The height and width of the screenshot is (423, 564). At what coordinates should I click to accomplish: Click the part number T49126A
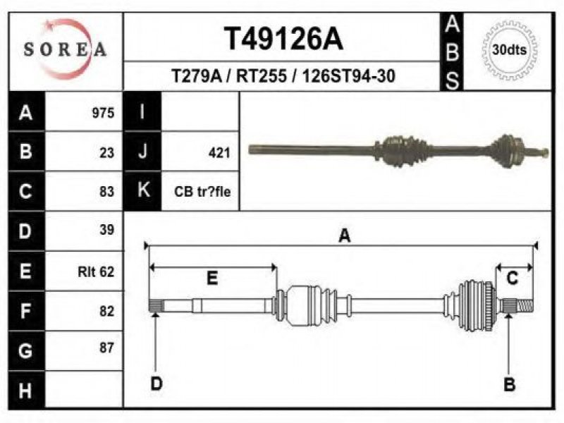coord(283,39)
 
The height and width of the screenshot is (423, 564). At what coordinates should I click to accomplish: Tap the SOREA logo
coord(65,49)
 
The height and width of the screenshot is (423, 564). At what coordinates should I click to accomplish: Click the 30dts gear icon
coord(509,50)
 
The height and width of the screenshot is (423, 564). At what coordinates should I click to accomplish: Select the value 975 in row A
coord(103,113)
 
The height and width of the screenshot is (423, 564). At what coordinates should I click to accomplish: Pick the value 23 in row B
coord(107,153)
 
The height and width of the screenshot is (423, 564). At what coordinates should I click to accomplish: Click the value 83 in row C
coord(107,192)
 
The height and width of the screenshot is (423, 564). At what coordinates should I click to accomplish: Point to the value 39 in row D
coord(107,230)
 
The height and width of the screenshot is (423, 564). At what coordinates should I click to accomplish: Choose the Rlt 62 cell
coord(96,271)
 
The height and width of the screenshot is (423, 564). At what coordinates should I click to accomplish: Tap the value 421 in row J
coord(219,153)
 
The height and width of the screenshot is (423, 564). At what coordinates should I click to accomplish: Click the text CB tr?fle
coord(202,192)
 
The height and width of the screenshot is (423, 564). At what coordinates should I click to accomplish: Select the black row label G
coord(26,350)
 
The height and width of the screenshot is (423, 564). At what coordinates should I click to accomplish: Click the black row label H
coord(26,391)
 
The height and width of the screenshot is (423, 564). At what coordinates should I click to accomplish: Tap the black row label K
coord(143,190)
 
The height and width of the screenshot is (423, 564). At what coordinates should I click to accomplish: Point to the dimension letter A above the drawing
coord(345,236)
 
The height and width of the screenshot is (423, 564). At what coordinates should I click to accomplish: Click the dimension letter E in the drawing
coord(212,278)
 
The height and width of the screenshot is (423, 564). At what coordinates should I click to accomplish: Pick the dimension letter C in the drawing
coord(513,278)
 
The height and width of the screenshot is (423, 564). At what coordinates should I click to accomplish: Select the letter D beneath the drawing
coord(157,384)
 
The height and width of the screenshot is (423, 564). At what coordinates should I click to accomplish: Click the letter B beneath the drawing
coord(509,384)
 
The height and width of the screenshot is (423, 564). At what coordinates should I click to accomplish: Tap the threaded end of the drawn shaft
coord(525,306)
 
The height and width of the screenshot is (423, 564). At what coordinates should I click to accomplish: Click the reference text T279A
coord(197,76)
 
